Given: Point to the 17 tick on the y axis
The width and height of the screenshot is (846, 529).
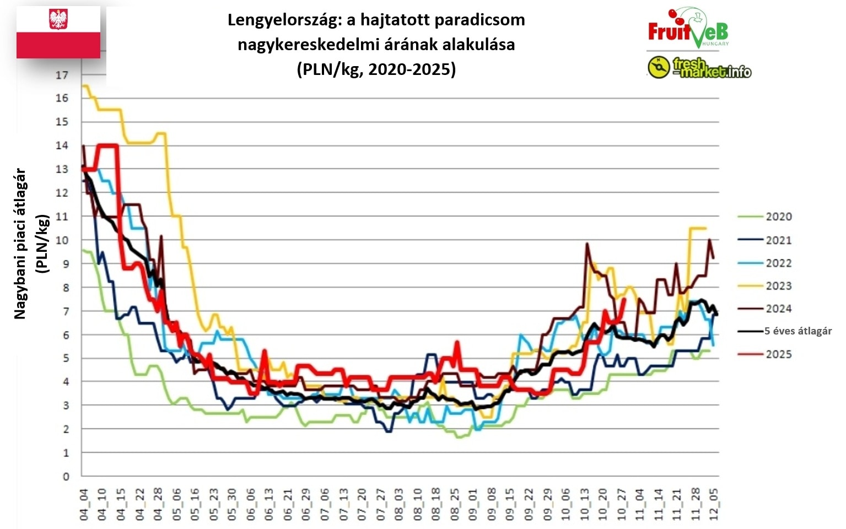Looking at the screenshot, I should (x=62, y=75).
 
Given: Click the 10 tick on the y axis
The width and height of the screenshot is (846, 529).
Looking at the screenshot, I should (x=62, y=240).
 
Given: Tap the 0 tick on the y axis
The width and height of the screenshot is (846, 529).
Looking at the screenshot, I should (x=66, y=477).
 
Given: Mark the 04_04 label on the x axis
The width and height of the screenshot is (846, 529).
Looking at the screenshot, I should (x=84, y=504).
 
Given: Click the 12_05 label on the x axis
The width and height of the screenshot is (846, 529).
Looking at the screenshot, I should (x=714, y=504).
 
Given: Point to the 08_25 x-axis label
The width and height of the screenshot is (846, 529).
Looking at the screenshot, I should (x=455, y=504).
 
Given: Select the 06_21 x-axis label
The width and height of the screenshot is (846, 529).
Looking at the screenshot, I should (x=288, y=504).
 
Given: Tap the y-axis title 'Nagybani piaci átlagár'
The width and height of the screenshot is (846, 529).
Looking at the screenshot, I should (x=20, y=244).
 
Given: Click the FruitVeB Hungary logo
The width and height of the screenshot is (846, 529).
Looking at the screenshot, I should (x=688, y=29).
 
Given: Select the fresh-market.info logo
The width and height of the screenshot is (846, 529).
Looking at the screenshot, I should (x=699, y=68).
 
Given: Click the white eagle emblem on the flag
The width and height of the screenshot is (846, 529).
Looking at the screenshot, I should (x=58, y=19).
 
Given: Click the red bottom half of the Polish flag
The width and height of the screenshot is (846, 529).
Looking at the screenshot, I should (x=58, y=45).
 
